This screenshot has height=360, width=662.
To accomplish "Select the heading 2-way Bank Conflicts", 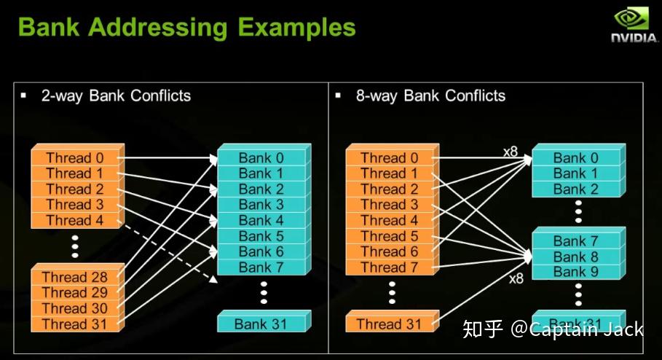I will (x=116, y=96).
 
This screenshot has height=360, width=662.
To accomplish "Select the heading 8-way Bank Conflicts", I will (x=430, y=96).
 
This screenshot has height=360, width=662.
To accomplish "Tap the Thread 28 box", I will (x=74, y=277).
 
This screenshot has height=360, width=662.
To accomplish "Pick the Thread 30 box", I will (x=74, y=308).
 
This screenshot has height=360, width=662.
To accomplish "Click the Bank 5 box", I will (x=261, y=236).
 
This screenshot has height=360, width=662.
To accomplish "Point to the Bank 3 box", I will (x=261, y=205).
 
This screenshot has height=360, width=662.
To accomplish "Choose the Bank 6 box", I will (x=261, y=251).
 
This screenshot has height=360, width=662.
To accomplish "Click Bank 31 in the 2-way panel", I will (x=261, y=324).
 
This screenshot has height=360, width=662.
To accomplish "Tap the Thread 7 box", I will (x=389, y=267).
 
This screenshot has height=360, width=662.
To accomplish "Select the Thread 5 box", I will (x=389, y=236).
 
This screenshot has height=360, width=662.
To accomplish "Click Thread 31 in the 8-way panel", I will (x=389, y=324).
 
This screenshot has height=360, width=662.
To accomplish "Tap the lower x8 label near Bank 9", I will (x=516, y=278).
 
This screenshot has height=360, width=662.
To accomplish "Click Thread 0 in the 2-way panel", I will (x=74, y=158).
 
